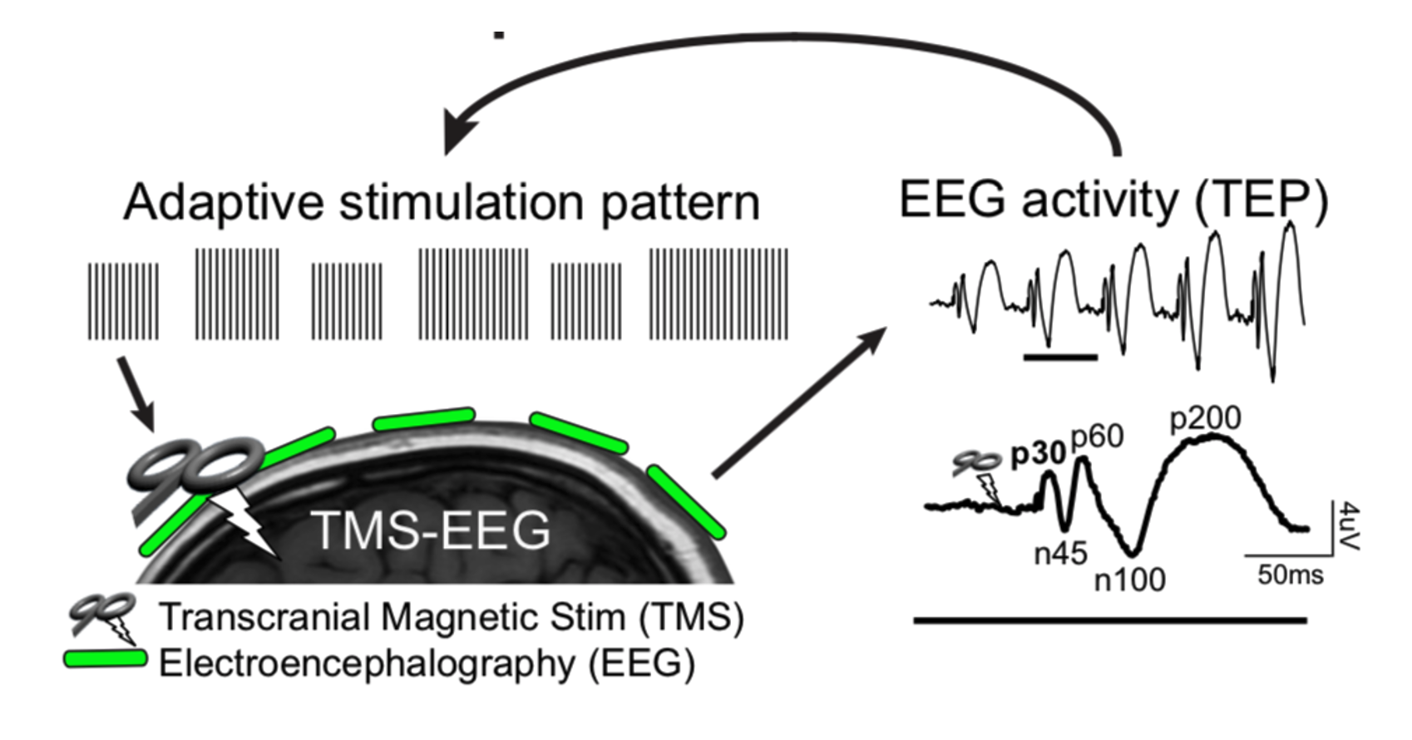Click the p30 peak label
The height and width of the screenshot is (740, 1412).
(1038, 455)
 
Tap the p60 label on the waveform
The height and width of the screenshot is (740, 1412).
(1097, 437)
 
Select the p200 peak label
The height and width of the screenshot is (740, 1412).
(1205, 418)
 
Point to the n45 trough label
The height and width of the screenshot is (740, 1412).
(1060, 553)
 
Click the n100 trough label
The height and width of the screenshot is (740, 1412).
(1129, 580)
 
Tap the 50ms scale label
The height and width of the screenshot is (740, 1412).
(1290, 575)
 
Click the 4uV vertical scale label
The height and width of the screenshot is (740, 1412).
(1350, 525)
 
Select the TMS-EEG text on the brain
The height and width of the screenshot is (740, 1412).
(431, 530)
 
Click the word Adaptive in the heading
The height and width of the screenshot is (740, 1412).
(223, 202)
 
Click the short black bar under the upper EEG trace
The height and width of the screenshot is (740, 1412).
(1060, 358)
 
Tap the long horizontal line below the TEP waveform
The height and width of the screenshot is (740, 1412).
(1110, 620)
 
